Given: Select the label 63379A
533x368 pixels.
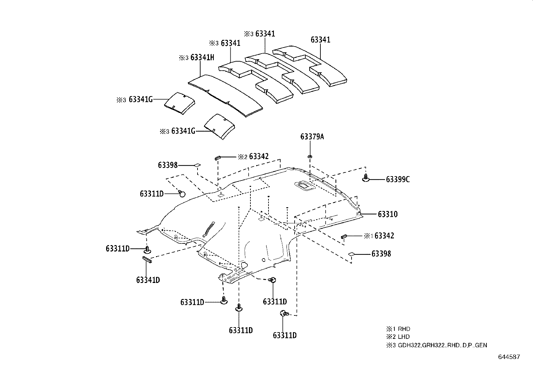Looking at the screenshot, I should [x=312, y=137].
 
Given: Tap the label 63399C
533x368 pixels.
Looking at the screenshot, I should [x=397, y=179].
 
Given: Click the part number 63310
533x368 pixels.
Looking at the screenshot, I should [x=388, y=214].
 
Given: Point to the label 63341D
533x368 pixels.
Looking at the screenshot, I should [x=148, y=280].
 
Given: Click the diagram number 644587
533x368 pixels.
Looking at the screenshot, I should [x=509, y=357].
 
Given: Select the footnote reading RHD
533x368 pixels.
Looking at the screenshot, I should [x=404, y=329].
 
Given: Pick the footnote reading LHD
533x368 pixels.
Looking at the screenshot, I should [x=404, y=337].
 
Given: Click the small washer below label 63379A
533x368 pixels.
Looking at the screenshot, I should [x=310, y=156].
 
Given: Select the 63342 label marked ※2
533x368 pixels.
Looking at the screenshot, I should [x=258, y=156].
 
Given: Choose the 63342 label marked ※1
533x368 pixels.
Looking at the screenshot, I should [x=384, y=236].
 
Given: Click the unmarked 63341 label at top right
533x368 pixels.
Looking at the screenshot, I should [x=320, y=40].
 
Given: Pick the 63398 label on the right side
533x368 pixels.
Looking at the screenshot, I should [x=381, y=254].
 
